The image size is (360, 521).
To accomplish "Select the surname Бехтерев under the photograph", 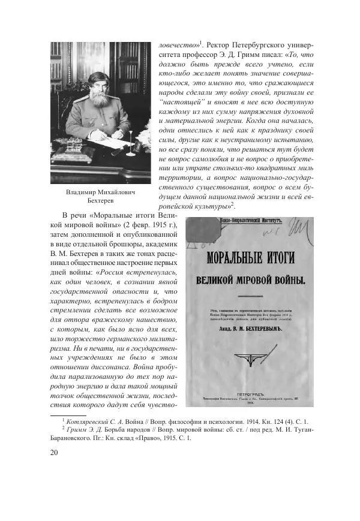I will (100, 202).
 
